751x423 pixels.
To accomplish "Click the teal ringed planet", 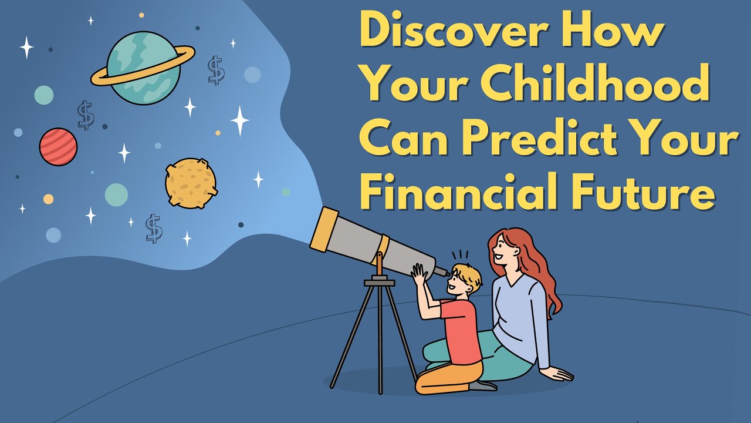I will [143, 68].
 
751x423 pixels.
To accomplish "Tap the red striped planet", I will [58, 147].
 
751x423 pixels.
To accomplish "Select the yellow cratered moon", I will [191, 183].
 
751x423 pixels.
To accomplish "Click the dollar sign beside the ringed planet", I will [216, 70].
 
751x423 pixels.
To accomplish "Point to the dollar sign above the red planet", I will [86, 115].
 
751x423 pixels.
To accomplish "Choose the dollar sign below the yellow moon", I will [154, 229].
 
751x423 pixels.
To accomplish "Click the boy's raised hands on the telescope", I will [420, 275].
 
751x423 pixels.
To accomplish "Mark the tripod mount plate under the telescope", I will [379, 282].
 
